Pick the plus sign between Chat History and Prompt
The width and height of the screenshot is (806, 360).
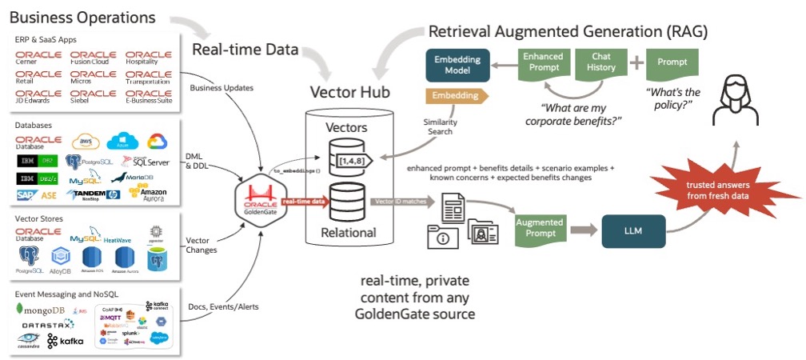pos(636,64)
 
